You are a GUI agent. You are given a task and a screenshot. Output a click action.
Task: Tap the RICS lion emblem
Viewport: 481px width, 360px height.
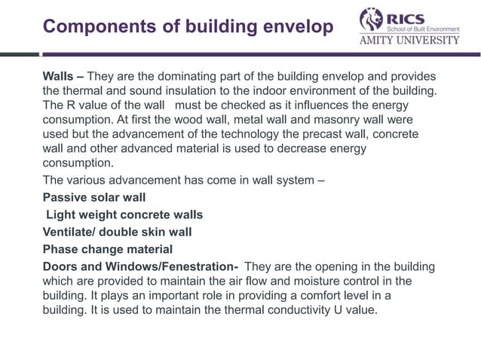pyautogui.click(x=370, y=20)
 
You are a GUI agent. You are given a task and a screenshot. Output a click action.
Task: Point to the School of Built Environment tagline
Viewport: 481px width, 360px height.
pyautogui.click(x=427, y=28)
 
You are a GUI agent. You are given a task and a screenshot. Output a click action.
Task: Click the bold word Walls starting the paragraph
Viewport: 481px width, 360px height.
pyautogui.click(x=60, y=78)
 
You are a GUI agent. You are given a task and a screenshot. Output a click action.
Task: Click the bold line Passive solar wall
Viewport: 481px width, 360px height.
pyautogui.click(x=94, y=200)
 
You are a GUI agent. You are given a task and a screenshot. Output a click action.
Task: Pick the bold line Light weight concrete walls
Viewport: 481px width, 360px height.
pyautogui.click(x=124, y=215)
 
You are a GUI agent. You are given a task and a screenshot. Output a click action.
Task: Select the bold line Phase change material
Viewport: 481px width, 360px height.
pyautogui.click(x=107, y=249)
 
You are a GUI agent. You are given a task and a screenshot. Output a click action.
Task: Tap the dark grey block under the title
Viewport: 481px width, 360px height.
pyautogui.click(x=19, y=54)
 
